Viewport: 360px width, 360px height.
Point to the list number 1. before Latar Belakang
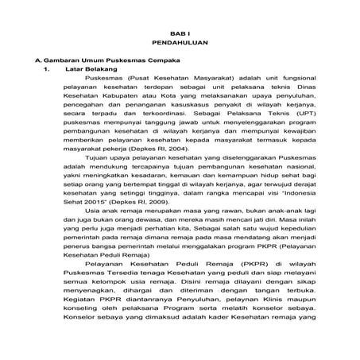pyautogui.click(x=48, y=71)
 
